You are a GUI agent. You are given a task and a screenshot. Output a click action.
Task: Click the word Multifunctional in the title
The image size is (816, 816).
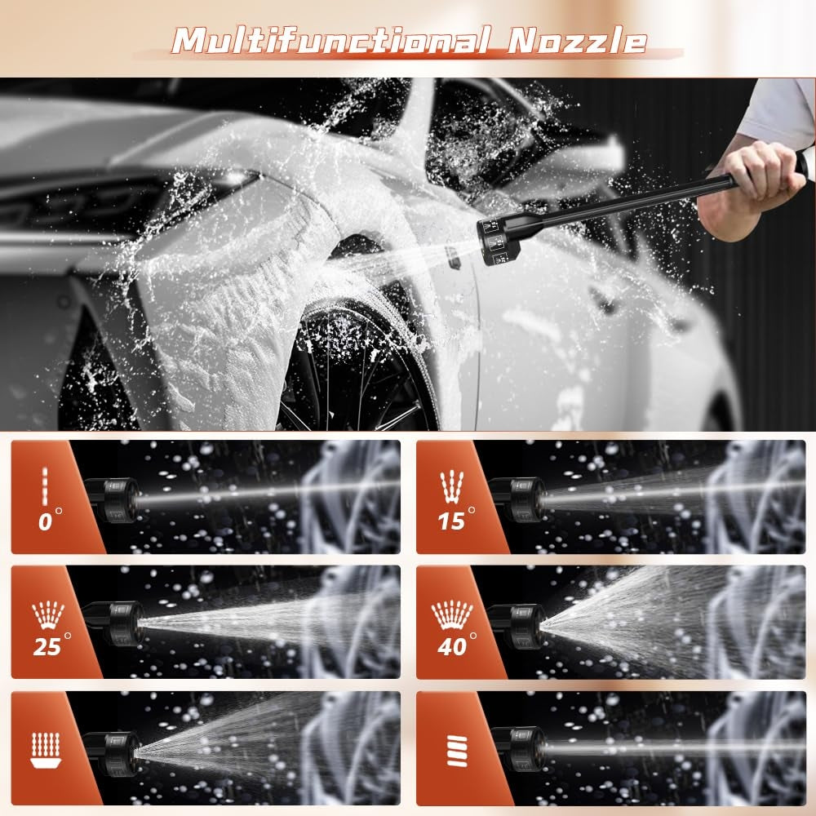331,40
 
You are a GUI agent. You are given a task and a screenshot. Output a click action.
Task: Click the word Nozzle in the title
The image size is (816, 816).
577,40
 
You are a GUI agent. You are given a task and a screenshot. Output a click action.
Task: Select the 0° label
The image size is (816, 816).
50,521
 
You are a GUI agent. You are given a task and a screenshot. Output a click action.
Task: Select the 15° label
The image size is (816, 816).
456,521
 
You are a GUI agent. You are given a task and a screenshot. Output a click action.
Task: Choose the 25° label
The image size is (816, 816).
51,645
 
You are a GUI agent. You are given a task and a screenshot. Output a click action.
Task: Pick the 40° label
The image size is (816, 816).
456,645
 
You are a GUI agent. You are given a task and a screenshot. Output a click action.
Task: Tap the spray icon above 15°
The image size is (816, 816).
452,486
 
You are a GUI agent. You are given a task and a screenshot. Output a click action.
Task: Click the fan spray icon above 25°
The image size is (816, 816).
48,614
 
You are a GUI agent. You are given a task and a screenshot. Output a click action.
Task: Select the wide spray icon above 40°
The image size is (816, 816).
452,614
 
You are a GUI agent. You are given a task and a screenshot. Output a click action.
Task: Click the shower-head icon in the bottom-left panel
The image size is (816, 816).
46,750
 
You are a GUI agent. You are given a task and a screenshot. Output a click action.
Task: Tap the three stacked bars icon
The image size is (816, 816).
458,751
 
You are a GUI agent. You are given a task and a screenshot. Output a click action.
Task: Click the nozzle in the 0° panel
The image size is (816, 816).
113,499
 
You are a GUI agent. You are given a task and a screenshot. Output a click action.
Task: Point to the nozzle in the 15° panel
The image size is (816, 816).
518,499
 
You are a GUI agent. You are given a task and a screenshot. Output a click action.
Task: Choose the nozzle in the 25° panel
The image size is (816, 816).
114,623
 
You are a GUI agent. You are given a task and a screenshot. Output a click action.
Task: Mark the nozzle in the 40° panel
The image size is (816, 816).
517,626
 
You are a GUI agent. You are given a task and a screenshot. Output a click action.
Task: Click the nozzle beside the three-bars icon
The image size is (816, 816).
519,749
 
